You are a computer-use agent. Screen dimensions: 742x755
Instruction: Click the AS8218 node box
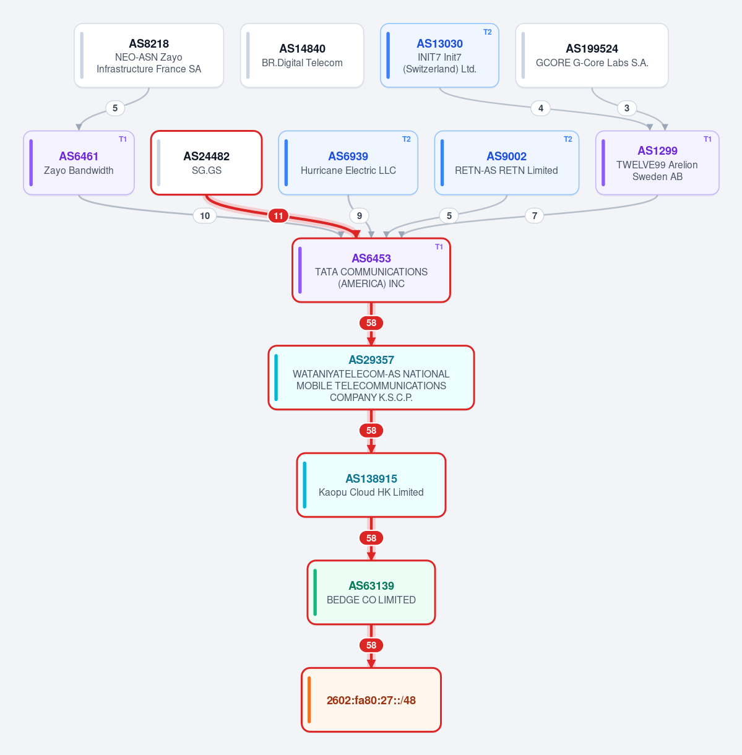(x=149, y=55)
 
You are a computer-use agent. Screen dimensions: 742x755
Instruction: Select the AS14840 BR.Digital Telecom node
(x=302, y=55)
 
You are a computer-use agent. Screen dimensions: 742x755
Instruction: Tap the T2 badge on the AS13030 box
(x=487, y=32)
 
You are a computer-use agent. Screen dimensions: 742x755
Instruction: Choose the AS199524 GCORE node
(x=592, y=55)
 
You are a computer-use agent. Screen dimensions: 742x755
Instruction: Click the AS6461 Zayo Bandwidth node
(x=79, y=163)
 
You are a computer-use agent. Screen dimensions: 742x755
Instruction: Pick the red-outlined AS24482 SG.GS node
(x=207, y=163)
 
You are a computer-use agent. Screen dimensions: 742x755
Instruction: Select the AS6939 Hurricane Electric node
(x=348, y=163)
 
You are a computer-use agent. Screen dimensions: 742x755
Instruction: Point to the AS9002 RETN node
(x=506, y=163)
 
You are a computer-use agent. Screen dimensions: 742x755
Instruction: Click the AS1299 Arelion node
(x=657, y=163)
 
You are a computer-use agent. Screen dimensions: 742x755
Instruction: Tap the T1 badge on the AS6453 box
(x=439, y=247)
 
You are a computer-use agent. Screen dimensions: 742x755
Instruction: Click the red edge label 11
(x=278, y=215)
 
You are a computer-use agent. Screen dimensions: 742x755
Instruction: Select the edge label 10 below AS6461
(x=205, y=215)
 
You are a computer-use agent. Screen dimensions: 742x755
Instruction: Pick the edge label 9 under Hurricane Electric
(x=360, y=215)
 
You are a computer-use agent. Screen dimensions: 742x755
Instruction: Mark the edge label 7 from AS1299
(x=534, y=215)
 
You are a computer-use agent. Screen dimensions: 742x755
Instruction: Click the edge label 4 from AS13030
(x=540, y=108)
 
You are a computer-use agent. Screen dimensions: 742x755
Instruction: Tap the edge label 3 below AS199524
(x=627, y=108)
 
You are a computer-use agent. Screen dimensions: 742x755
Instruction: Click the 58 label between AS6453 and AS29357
(x=371, y=323)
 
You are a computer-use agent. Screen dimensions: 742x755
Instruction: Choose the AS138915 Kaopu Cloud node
(x=371, y=485)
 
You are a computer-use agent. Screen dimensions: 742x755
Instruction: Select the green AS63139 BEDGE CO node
(x=371, y=592)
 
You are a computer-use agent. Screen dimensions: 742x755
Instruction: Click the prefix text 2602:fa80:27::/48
(x=371, y=700)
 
